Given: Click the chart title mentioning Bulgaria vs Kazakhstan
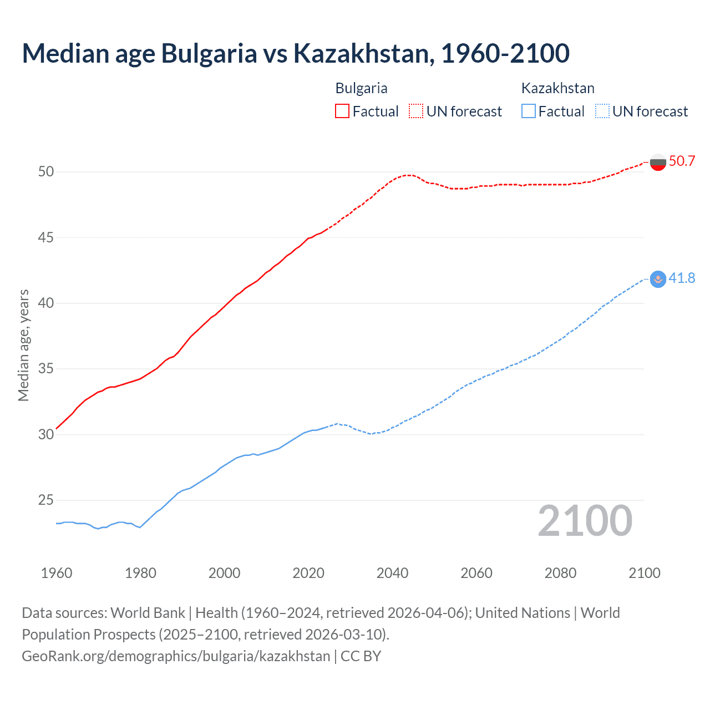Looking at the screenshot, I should pyautogui.click(x=296, y=53).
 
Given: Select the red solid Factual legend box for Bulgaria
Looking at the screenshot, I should pyautogui.click(x=342, y=111).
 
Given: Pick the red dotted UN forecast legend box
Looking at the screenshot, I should pyautogui.click(x=416, y=111).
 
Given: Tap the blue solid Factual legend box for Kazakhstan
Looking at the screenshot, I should pyautogui.click(x=529, y=111).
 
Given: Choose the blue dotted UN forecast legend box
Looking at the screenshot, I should pyautogui.click(x=602, y=111).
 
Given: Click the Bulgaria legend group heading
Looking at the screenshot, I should pyautogui.click(x=361, y=88).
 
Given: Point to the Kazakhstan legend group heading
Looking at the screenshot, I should pyautogui.click(x=557, y=88).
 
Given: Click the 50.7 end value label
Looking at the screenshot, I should pyautogui.click(x=682, y=161).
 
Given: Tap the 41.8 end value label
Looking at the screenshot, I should pyautogui.click(x=682, y=278).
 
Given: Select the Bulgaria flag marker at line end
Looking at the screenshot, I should pyautogui.click(x=658, y=163).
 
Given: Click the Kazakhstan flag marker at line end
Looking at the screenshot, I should pyautogui.click(x=658, y=279).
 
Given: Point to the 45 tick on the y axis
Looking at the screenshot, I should pyautogui.click(x=46, y=237).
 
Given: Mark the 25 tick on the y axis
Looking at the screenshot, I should pyautogui.click(x=46, y=500).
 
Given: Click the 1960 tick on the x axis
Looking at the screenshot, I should pyautogui.click(x=57, y=573).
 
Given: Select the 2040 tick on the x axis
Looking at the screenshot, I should pyautogui.click(x=392, y=573).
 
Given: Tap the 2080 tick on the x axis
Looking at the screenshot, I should pyautogui.click(x=560, y=573).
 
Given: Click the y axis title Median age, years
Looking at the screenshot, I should pyautogui.click(x=23, y=345).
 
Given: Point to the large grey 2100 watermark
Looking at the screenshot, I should pyautogui.click(x=585, y=521).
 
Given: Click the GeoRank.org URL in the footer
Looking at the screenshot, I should pyautogui.click(x=176, y=656).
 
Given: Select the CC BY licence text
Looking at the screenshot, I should pyautogui.click(x=361, y=656).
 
